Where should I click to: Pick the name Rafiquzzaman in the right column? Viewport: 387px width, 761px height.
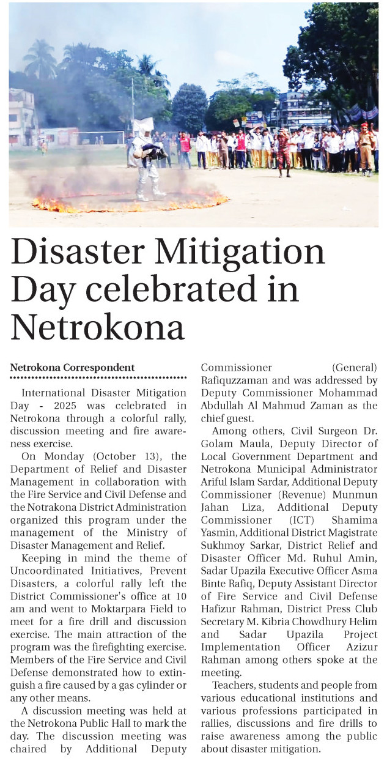tap(232, 379)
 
